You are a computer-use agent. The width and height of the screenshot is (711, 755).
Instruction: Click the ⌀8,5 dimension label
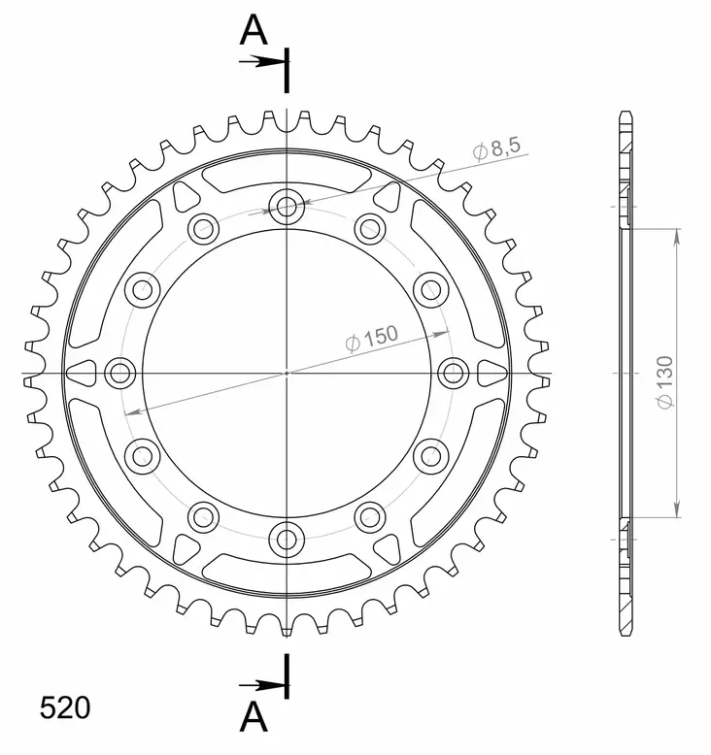tap(497, 149)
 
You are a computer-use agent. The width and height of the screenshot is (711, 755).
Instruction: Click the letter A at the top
tap(254, 32)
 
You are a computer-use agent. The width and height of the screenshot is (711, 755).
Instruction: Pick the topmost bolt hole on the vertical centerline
tap(287, 206)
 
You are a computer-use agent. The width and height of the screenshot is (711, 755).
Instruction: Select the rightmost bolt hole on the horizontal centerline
tap(453, 372)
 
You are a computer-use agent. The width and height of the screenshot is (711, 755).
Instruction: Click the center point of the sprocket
tap(287, 372)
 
